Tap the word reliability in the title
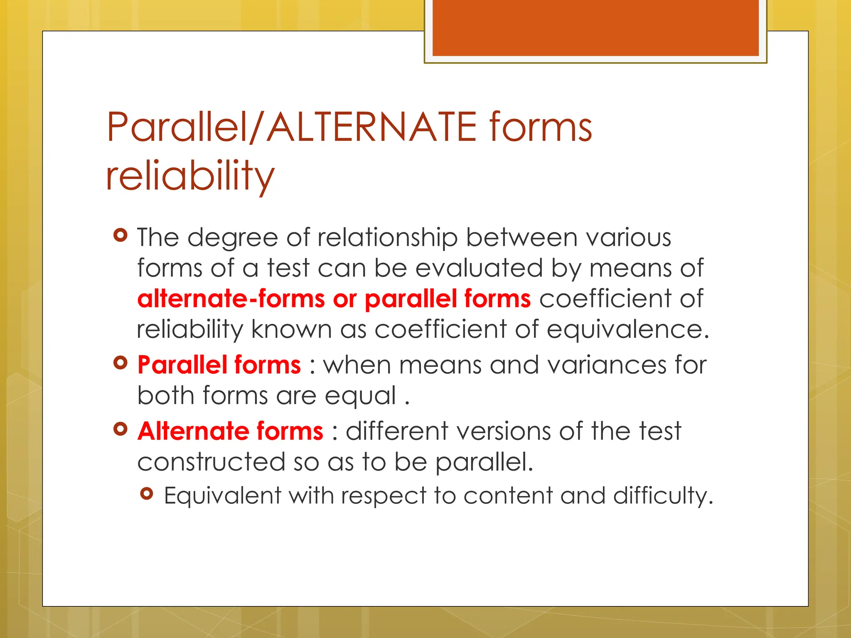tap(190, 176)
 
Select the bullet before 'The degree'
tap(121, 236)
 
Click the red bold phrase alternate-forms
tap(231, 299)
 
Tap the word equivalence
tap(627, 329)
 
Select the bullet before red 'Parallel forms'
tap(121, 363)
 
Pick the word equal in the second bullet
tap(360, 396)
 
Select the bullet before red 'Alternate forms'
tap(121, 429)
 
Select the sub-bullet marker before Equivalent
tap(147, 493)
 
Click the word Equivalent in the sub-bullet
tap(222, 496)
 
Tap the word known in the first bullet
tap(291, 329)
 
